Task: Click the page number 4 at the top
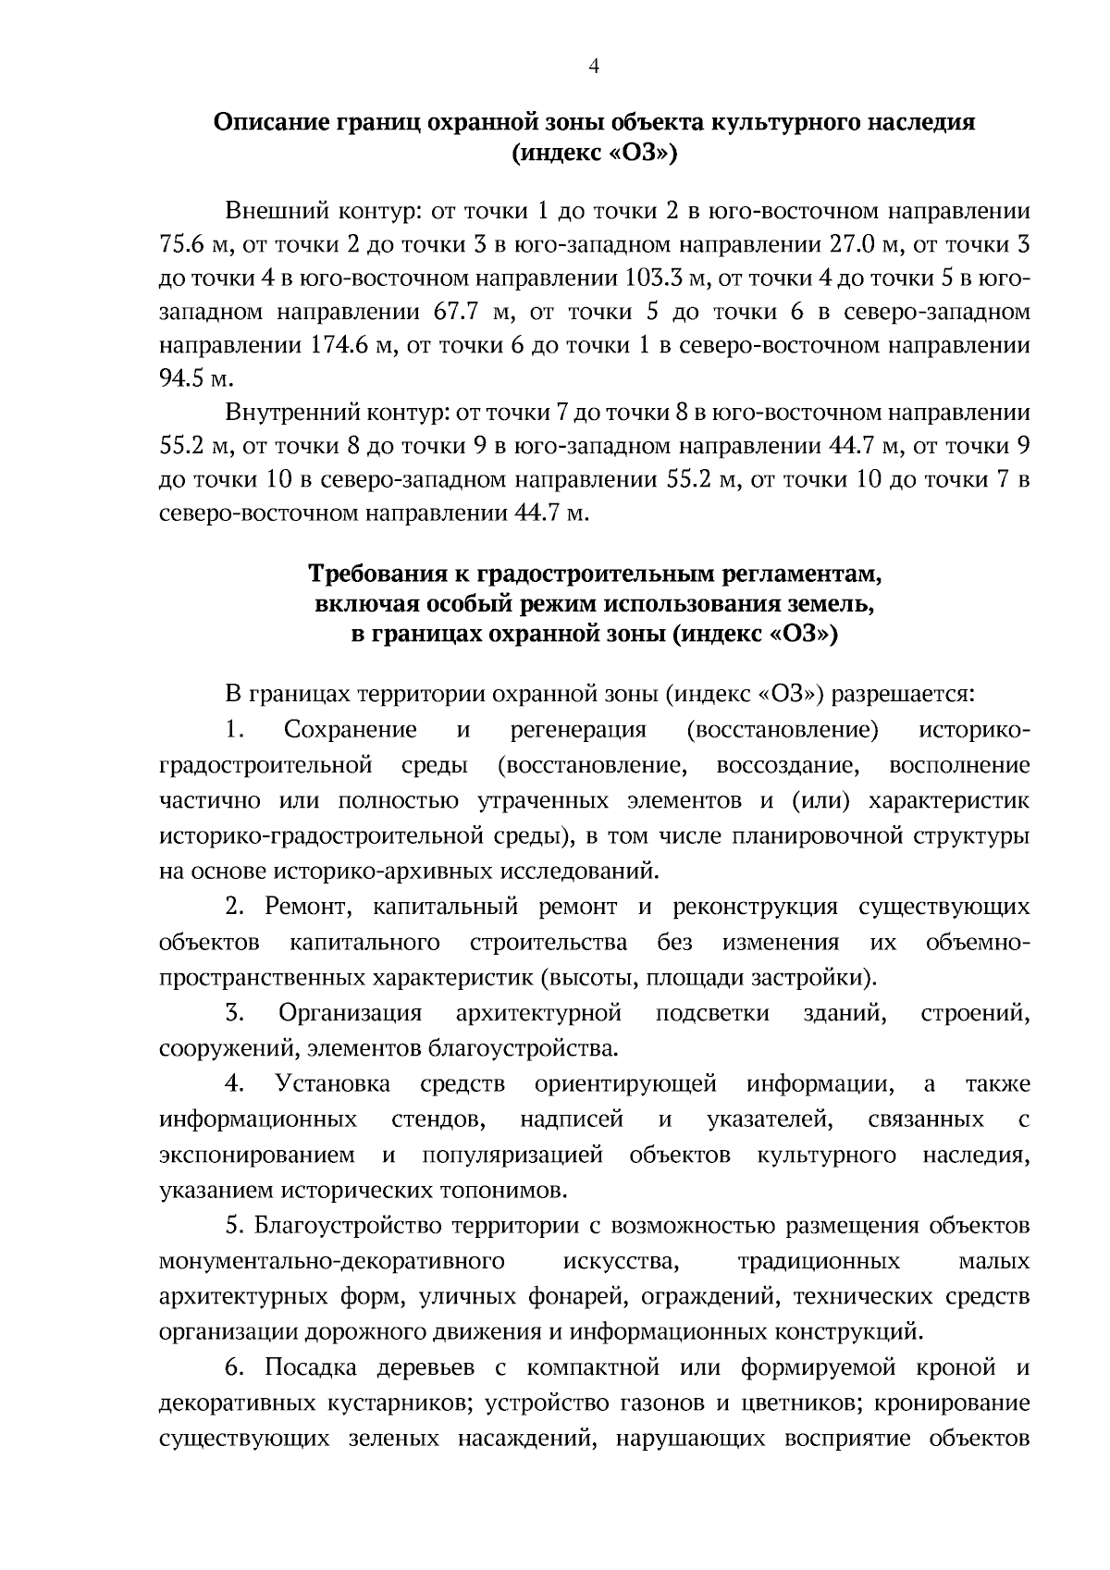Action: tap(594, 67)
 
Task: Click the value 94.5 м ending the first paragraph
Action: tap(191, 378)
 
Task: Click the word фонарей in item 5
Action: tap(573, 1296)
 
